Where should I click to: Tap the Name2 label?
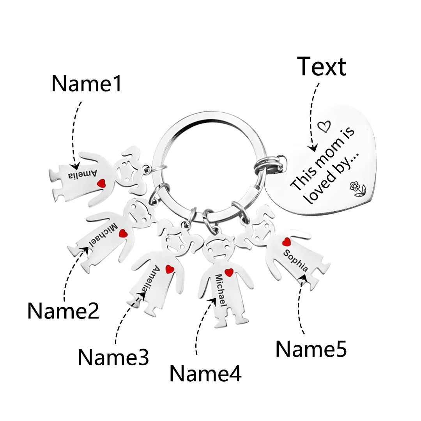64,311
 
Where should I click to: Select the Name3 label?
113,357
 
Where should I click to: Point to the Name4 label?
205,373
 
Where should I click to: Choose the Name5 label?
311,349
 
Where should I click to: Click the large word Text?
321,66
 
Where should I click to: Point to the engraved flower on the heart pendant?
357,189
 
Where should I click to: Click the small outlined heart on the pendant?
324,126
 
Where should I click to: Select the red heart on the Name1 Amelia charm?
101,183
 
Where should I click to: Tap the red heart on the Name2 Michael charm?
123,233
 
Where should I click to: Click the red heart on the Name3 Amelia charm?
170,269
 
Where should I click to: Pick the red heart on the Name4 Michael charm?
229,272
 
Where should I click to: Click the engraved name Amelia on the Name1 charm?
82,175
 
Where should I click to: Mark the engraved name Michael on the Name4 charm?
221,290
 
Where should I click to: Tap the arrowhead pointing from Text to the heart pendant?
313,148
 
